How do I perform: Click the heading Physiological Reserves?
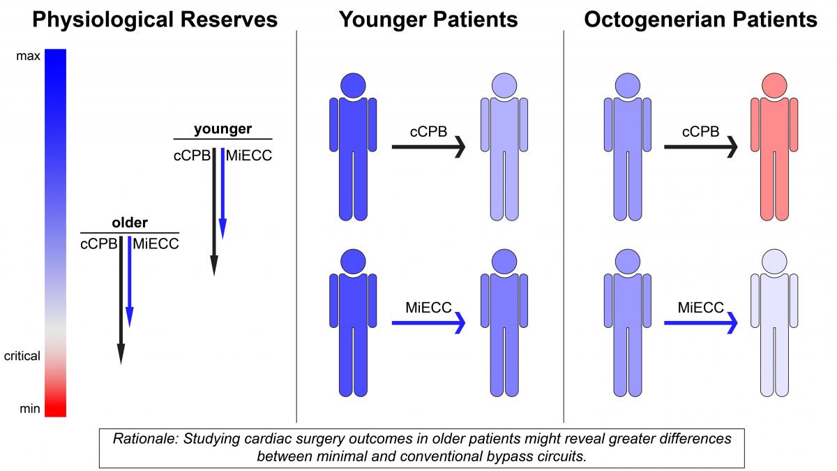155,20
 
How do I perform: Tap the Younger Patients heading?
428,20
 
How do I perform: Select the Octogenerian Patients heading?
700,20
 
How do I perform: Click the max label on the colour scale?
28,57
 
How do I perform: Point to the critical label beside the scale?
22,356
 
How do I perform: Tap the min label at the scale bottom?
29,408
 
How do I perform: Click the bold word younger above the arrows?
223,129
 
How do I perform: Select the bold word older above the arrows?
130,223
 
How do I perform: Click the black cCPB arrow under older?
121,300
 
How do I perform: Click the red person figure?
774,154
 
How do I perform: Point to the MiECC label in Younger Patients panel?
428,307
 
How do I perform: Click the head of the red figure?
774,86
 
